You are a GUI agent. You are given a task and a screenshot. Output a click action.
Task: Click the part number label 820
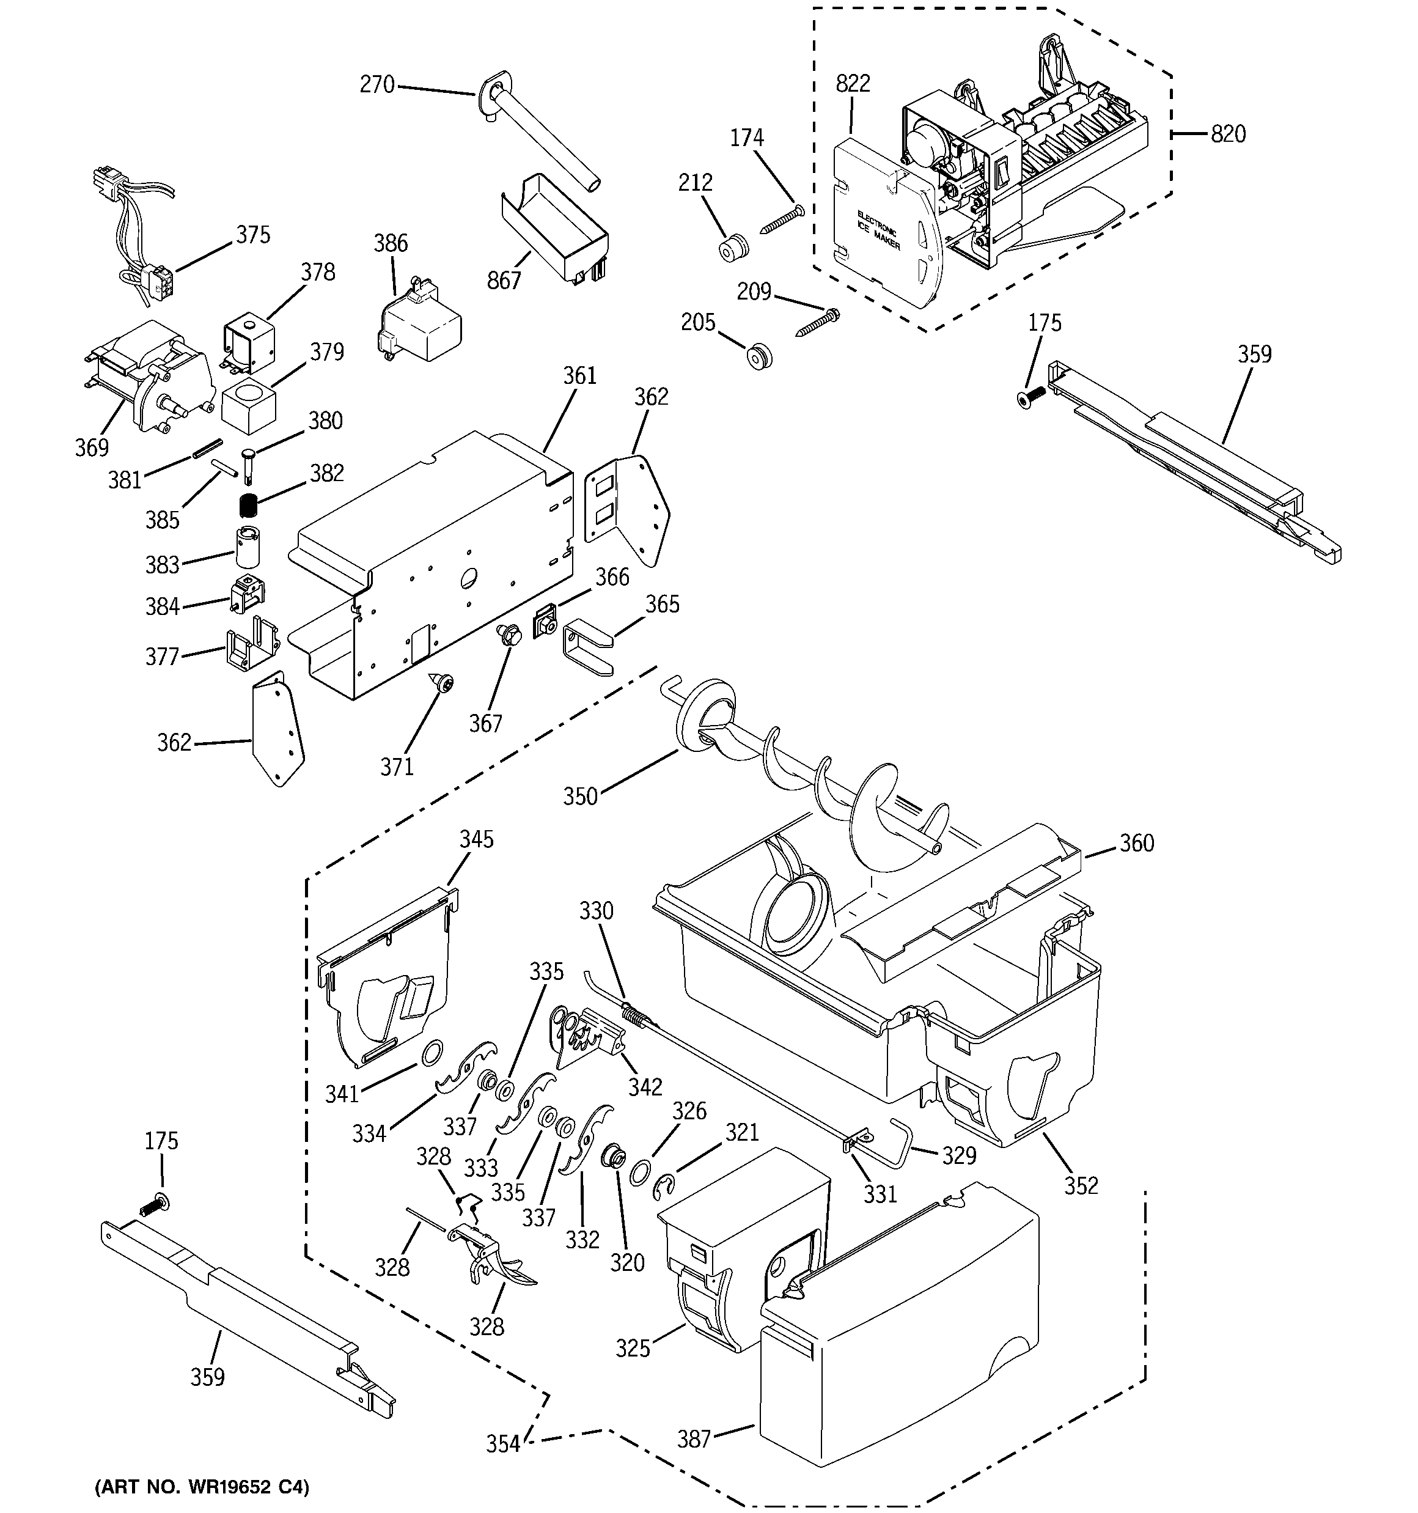[x=1228, y=134]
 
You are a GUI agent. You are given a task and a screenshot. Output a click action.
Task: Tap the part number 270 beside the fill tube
[x=377, y=84]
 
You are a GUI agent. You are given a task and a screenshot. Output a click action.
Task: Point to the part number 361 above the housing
[x=580, y=376]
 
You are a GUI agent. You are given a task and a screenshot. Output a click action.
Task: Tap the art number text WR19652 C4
[x=202, y=1488]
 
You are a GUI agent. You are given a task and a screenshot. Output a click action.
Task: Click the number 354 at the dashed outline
[x=503, y=1444]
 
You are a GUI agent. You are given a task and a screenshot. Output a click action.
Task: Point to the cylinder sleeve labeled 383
[x=248, y=547]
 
